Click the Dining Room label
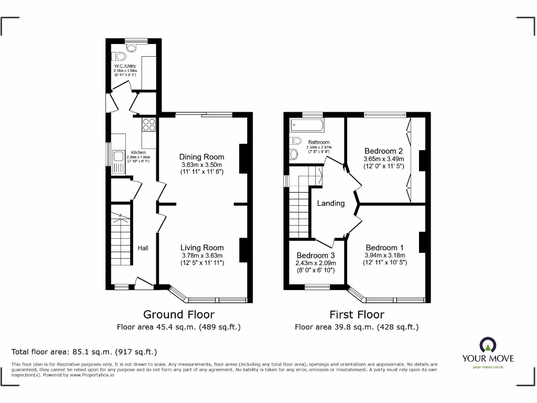201,157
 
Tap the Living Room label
202,248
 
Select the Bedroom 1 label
385,248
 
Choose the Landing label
331,203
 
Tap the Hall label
143,248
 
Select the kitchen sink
117,156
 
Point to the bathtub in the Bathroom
307,126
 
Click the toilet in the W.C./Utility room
120,57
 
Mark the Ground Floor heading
179,314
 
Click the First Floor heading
357,314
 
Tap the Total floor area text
84,352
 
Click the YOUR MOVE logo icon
488,345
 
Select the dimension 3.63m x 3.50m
202,165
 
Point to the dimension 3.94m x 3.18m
385,256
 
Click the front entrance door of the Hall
144,283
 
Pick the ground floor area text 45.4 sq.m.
178,327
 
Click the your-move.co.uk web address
488,367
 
